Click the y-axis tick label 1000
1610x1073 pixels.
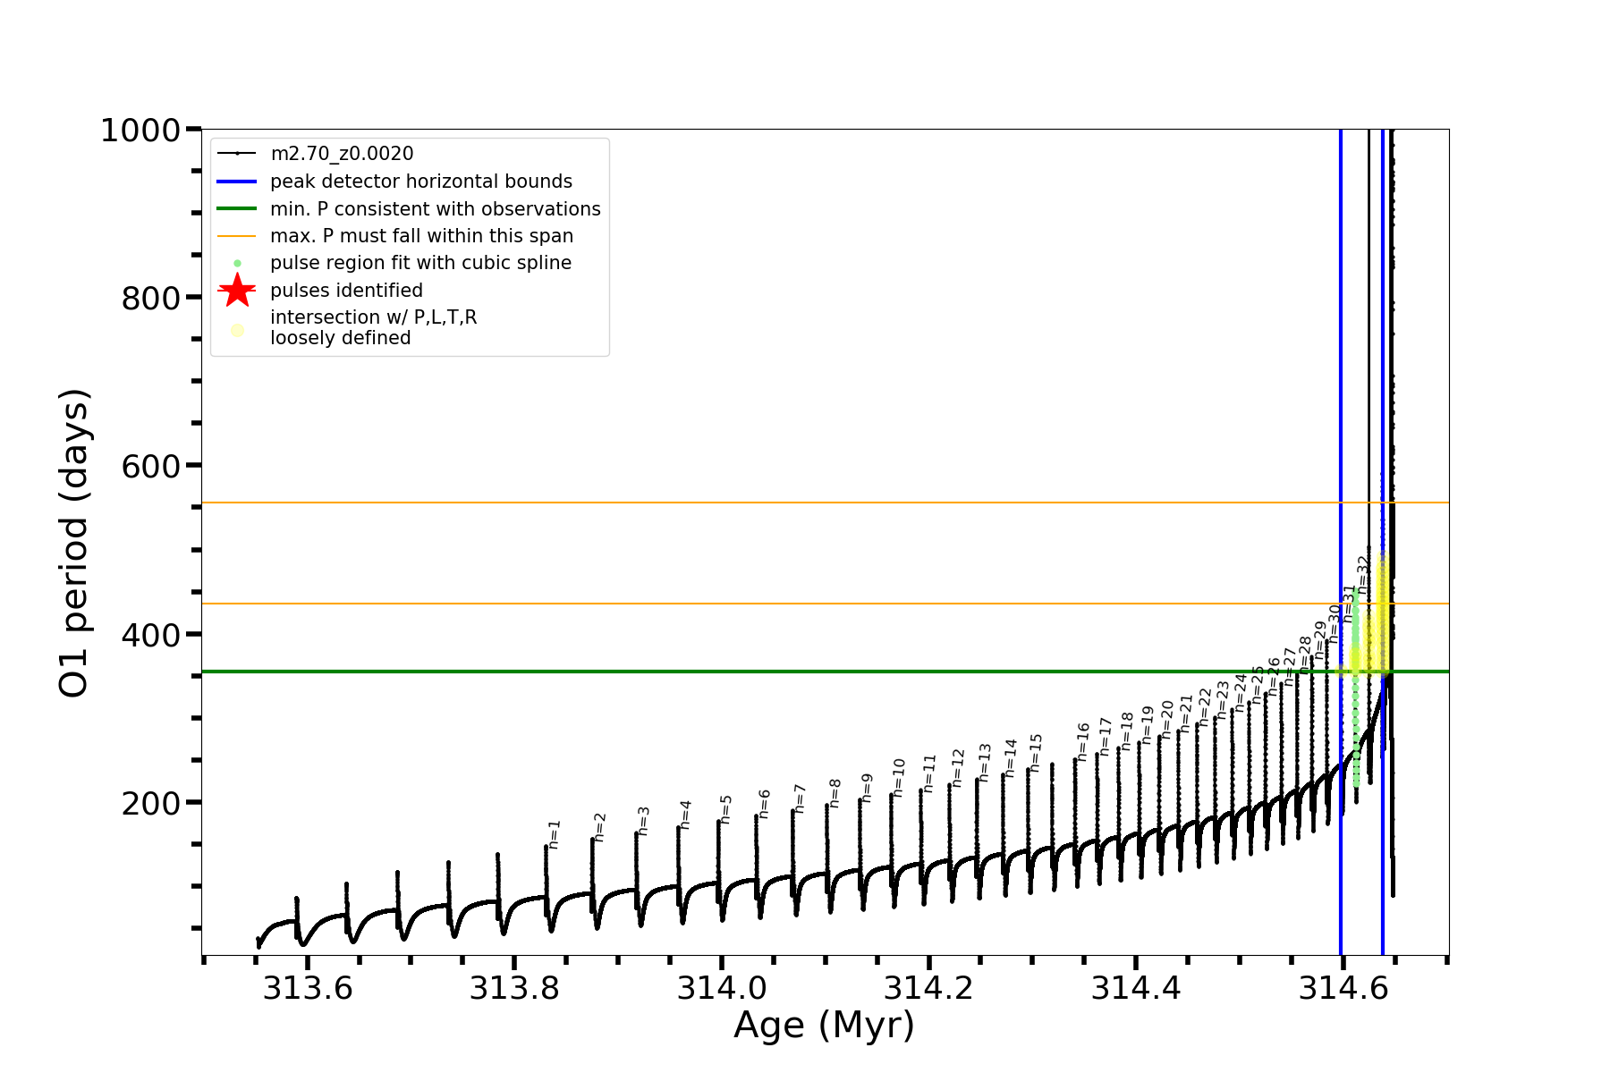(x=140, y=131)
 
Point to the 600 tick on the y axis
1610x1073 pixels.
(x=150, y=467)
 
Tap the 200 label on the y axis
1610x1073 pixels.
(x=150, y=804)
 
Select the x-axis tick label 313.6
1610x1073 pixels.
(x=307, y=988)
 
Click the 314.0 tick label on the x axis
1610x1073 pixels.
(x=722, y=988)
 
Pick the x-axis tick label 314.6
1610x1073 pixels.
(x=1343, y=988)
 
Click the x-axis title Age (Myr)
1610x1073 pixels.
(x=824, y=1026)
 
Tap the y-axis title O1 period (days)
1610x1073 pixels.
(x=74, y=543)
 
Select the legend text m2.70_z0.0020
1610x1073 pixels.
(x=342, y=154)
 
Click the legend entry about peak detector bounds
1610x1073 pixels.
(x=420, y=182)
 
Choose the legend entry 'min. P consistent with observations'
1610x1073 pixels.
(x=435, y=209)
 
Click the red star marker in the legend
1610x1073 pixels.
(x=237, y=290)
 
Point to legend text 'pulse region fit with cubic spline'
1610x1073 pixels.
(x=420, y=263)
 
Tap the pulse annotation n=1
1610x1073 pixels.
(x=555, y=833)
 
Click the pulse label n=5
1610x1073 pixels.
(x=726, y=808)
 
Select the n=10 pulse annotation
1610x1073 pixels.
(x=899, y=777)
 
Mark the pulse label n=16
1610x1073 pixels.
(x=1083, y=742)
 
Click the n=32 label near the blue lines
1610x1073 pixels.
(x=1363, y=572)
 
